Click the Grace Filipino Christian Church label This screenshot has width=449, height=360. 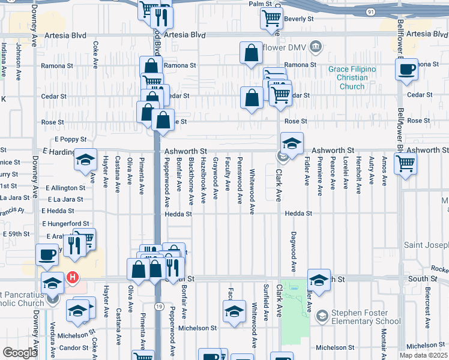(x=352, y=78)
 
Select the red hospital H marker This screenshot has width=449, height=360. (x=72, y=278)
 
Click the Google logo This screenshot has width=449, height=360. (x=20, y=353)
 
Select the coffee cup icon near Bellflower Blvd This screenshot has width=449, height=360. (x=406, y=69)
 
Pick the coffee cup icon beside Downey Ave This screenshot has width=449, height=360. (x=47, y=254)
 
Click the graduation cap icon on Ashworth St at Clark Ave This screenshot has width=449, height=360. (x=291, y=144)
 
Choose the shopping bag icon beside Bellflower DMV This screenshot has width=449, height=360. (x=251, y=53)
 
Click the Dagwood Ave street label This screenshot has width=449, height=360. (x=294, y=251)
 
